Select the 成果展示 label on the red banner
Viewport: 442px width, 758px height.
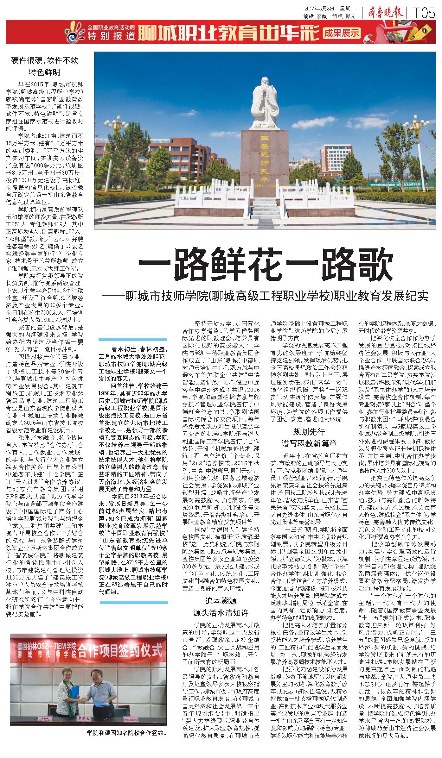click(342, 32)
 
